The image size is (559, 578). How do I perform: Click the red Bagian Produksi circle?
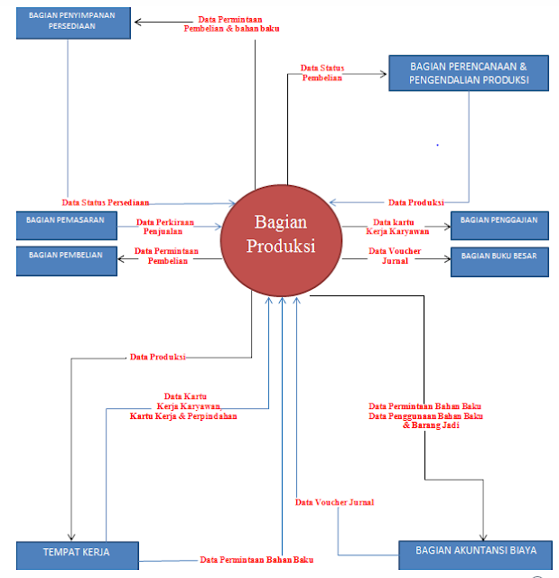[281, 237]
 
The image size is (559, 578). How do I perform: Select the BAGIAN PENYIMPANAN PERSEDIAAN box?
[73, 23]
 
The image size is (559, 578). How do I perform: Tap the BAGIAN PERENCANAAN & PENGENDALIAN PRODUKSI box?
[469, 72]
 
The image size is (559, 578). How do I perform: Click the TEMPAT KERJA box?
[77, 553]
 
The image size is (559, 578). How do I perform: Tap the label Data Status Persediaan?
[107, 202]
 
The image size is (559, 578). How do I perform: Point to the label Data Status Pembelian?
[322, 73]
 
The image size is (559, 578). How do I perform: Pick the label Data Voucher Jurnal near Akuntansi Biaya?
[335, 502]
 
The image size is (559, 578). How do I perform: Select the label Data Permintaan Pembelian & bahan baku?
[232, 24]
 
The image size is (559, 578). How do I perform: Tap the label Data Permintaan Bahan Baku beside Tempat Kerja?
[256, 560]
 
